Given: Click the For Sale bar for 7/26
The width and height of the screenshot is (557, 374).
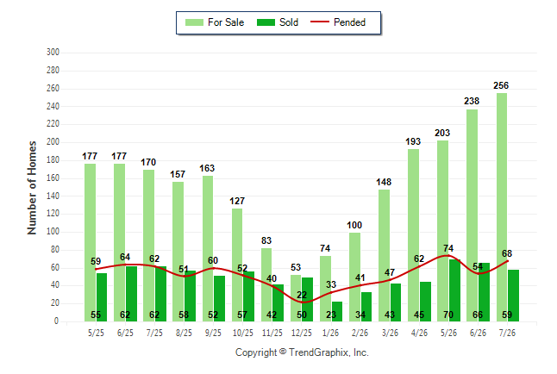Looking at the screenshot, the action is (x=502, y=207).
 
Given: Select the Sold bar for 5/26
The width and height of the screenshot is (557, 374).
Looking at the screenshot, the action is (x=454, y=290).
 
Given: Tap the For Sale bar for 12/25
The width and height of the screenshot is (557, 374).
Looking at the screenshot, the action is (x=296, y=298).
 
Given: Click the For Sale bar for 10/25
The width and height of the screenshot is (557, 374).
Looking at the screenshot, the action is (x=237, y=265).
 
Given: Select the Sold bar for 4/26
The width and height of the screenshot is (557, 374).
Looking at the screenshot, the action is (x=426, y=302).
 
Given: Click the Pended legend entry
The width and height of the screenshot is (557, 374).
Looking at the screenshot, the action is (x=338, y=22).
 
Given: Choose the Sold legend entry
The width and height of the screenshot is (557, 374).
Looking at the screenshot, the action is (x=278, y=22).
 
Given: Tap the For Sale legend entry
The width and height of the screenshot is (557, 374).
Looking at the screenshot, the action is (x=215, y=22).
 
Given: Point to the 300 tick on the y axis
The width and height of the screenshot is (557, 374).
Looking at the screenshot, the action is (x=53, y=53).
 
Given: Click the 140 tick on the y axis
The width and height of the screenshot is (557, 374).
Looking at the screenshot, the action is (x=53, y=196).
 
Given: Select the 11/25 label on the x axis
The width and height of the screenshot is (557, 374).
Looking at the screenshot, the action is (x=272, y=333).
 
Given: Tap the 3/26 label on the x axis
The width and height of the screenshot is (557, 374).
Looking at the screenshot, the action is (x=390, y=333).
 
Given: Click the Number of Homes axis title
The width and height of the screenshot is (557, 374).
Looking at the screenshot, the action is (x=32, y=188).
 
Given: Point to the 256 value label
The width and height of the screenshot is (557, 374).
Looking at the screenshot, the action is (x=501, y=85).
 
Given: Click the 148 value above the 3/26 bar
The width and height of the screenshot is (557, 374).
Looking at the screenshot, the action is (x=384, y=182).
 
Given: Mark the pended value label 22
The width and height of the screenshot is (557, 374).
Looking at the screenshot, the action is (x=302, y=295).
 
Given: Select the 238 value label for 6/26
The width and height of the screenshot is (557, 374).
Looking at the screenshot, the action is (x=472, y=101).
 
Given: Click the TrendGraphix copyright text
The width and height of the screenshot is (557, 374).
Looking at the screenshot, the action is (x=302, y=352).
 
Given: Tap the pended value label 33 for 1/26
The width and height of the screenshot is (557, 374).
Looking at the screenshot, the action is (x=331, y=284).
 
